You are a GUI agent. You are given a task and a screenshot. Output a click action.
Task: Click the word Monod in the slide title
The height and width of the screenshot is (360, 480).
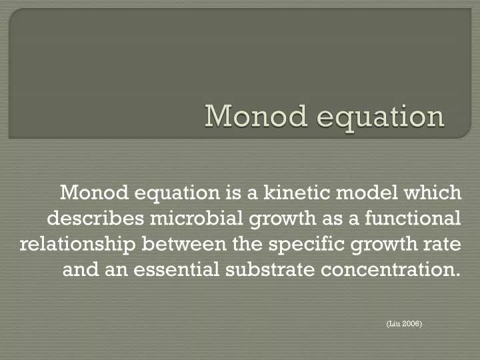(x=248, y=115)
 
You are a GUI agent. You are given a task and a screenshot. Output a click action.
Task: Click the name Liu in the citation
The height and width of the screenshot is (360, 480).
(x=394, y=323)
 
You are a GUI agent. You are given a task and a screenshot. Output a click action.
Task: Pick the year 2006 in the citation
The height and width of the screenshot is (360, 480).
(x=411, y=323)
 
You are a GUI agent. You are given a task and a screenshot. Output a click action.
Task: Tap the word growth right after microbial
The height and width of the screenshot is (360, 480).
(x=259, y=219)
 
